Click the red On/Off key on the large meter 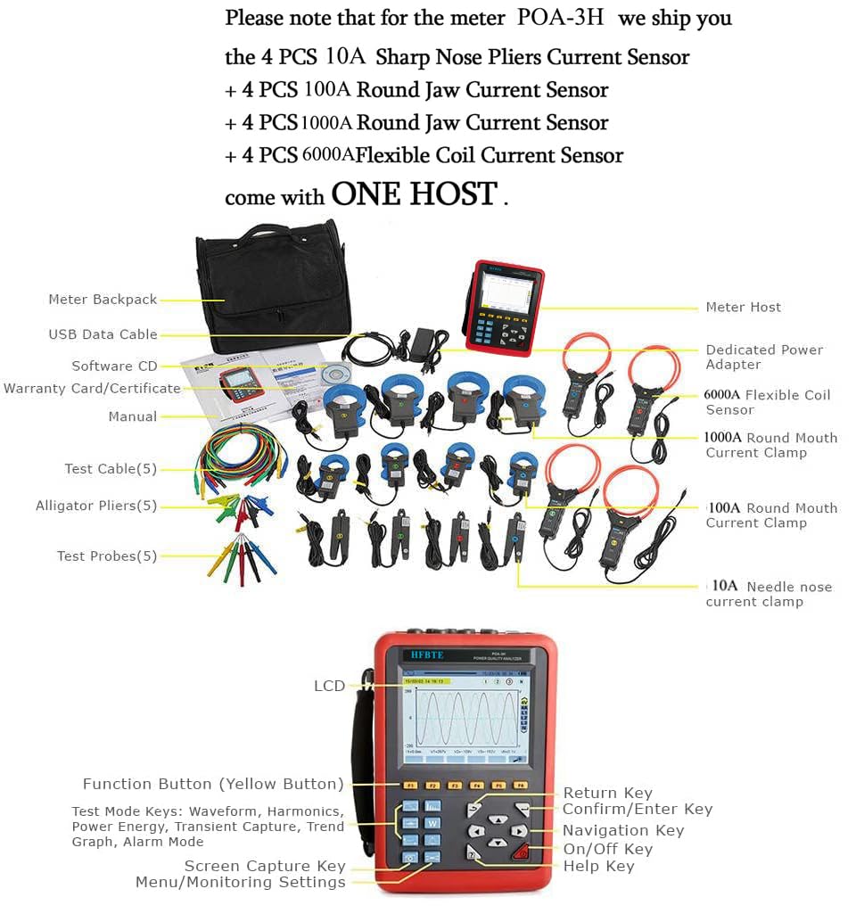520,852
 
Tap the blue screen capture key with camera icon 409,857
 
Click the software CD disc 333,375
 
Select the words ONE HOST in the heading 414,193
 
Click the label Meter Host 743,307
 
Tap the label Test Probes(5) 107,556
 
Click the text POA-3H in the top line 560,18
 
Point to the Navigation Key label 623,830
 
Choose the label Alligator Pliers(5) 96,506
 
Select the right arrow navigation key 519,831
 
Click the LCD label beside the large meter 329,686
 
